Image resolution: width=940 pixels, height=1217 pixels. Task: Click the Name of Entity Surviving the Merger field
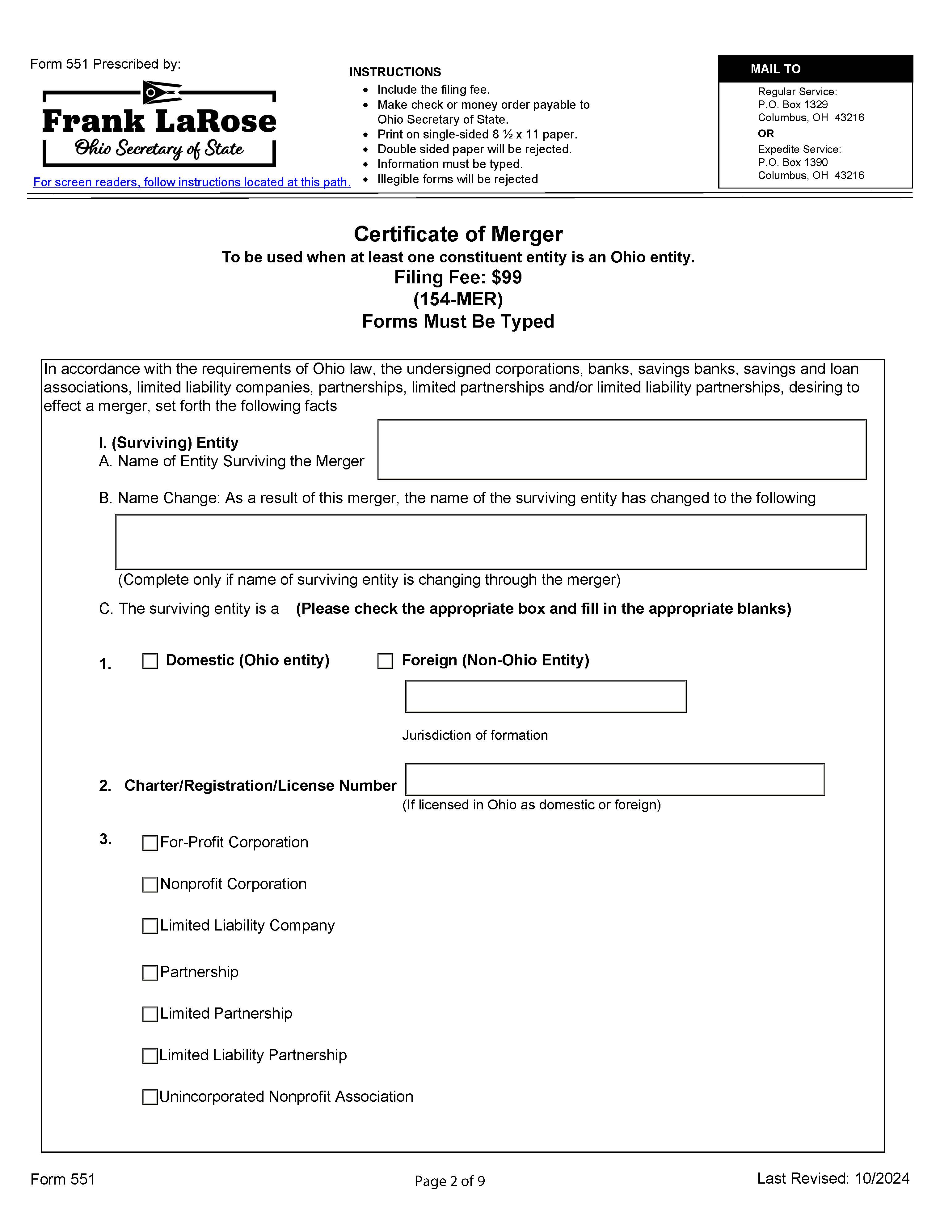(622, 450)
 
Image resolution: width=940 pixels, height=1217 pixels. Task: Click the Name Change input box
(490, 542)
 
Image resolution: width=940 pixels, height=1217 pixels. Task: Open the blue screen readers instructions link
(192, 182)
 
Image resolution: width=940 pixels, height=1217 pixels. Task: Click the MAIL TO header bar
(815, 69)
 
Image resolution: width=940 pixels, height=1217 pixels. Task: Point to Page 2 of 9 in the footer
(449, 1181)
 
